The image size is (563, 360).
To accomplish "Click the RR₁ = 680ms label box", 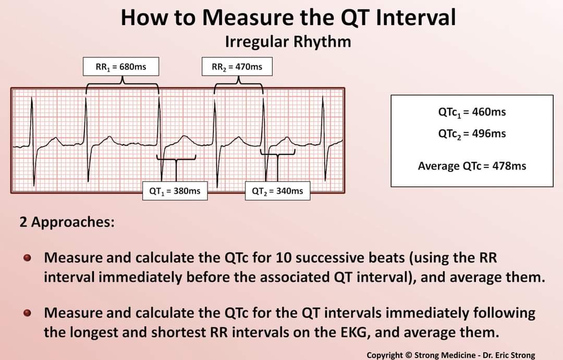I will coord(121,67).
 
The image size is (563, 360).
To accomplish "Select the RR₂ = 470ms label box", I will coord(237,67).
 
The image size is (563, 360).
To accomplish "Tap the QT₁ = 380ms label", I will coord(175,191).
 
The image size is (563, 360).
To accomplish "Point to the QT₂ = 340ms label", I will coord(277,191).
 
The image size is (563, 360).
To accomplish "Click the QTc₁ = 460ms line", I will coord(472,112).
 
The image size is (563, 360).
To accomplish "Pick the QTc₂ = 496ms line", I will coord(472,134).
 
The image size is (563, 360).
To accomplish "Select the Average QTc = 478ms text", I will coord(472,166).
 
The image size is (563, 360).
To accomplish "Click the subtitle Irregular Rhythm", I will coord(288,42).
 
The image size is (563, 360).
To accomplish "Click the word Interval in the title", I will coord(415,17).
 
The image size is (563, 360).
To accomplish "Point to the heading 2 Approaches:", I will coord(67,222).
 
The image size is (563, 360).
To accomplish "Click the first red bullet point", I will coord(29,258).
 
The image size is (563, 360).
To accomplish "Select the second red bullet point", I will coord(29,314).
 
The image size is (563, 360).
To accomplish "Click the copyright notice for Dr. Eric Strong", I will coord(450,355).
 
